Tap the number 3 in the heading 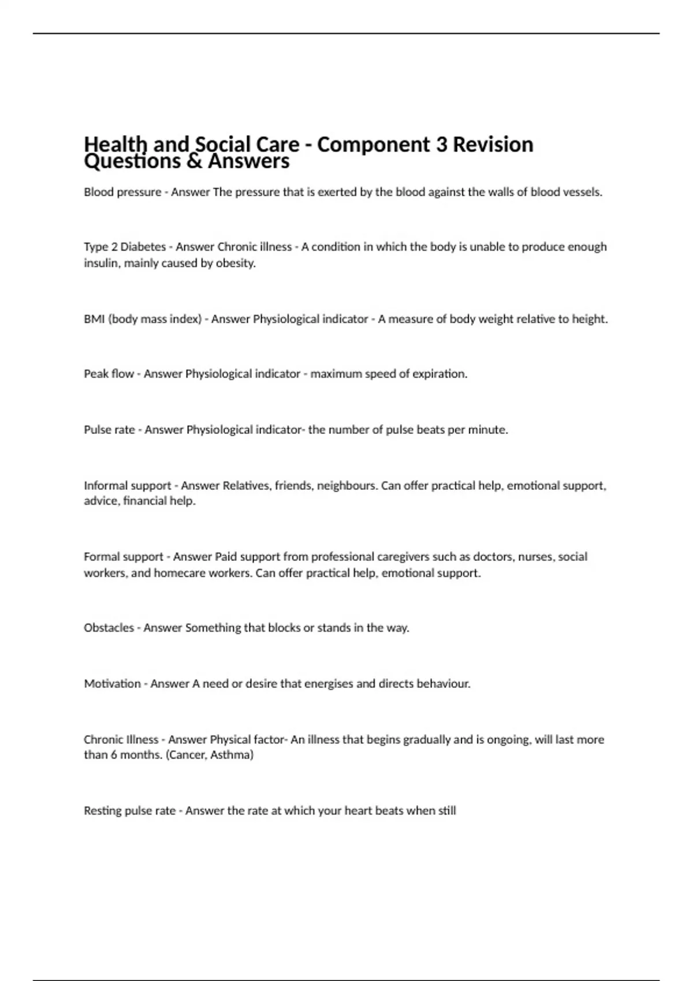pos(441,144)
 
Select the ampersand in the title pos(193,161)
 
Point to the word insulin pos(100,263)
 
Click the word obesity pos(236,263)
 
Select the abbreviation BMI pos(94,319)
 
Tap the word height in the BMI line pos(590,319)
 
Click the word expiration pos(439,374)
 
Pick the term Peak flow pos(109,374)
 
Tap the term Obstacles pos(109,628)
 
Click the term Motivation pos(112,684)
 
